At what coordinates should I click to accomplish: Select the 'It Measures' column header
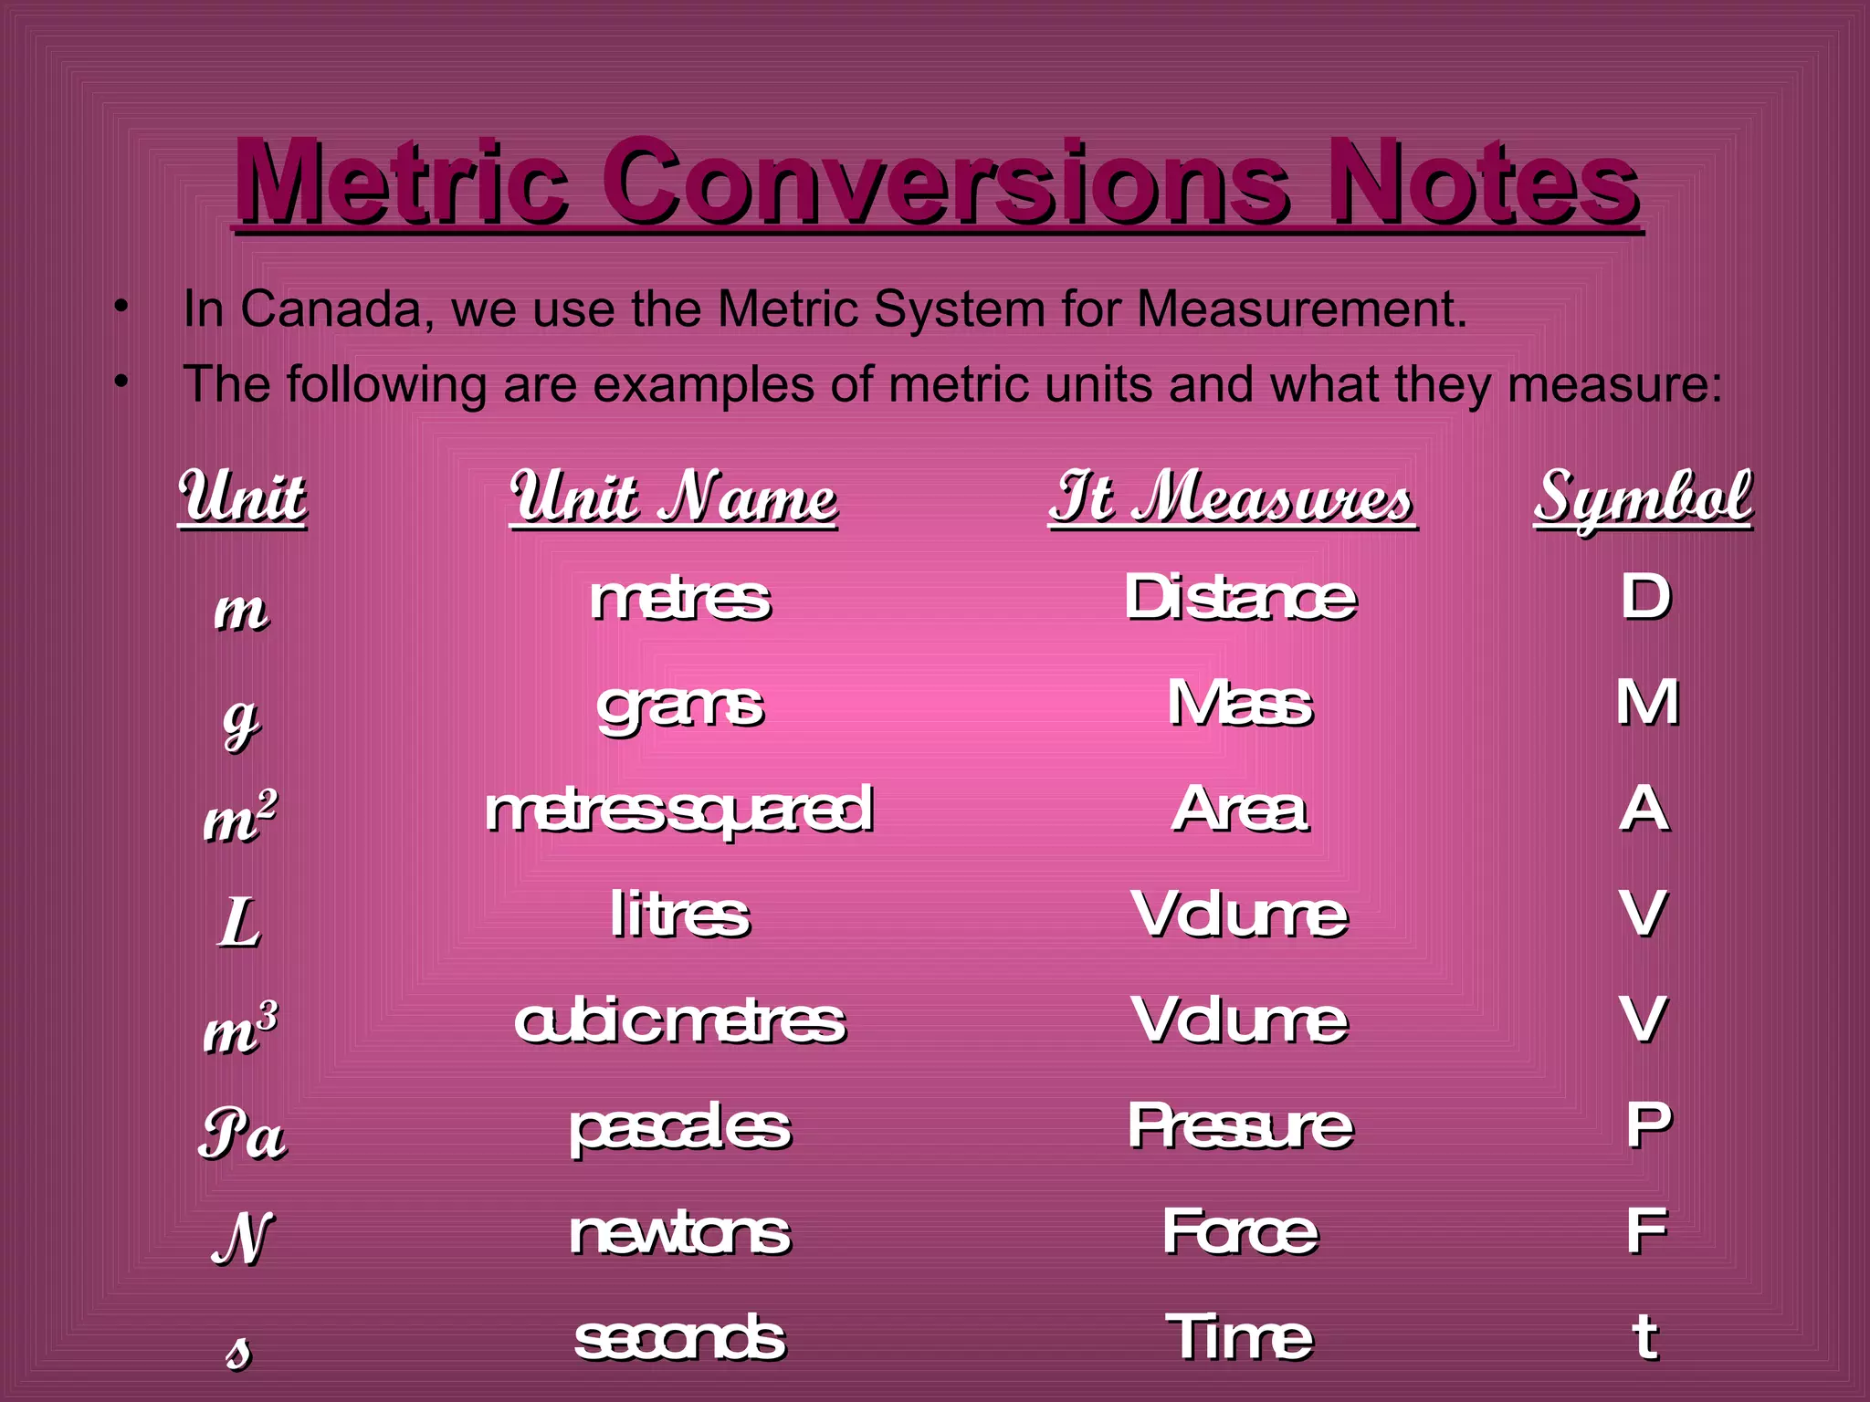coord(1232,498)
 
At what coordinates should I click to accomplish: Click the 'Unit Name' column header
coord(674,498)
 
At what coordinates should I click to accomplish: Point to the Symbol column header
coord(1643,498)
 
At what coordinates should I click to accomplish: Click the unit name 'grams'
coord(680,707)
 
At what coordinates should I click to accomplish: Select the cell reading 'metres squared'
coord(679,811)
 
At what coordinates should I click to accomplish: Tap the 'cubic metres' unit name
coord(679,1021)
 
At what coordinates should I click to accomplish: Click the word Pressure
coord(1240,1126)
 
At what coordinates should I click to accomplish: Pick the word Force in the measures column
coord(1240,1232)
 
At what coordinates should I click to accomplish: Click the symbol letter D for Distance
coord(1645,597)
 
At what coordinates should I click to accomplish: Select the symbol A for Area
coord(1644,810)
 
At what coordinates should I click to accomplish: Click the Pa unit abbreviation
coord(242,1135)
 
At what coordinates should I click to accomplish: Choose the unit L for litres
coord(239,923)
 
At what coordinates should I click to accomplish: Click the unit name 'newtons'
coord(679,1233)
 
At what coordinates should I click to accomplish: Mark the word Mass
coord(1240,706)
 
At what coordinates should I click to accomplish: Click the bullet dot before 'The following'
coord(121,381)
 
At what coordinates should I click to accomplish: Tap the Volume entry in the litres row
coord(1240,915)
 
